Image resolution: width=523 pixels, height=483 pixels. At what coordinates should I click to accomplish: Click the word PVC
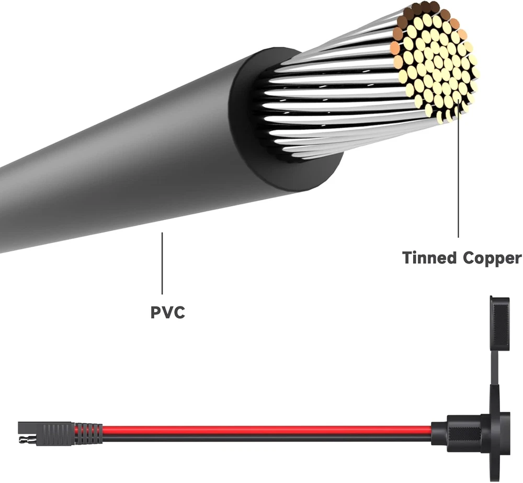click(x=168, y=313)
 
